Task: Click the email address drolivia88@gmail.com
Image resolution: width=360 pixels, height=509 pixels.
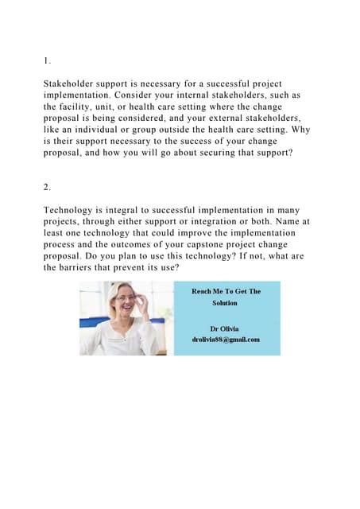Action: (x=226, y=340)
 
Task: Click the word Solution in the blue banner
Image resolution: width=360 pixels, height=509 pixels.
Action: (x=225, y=303)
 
